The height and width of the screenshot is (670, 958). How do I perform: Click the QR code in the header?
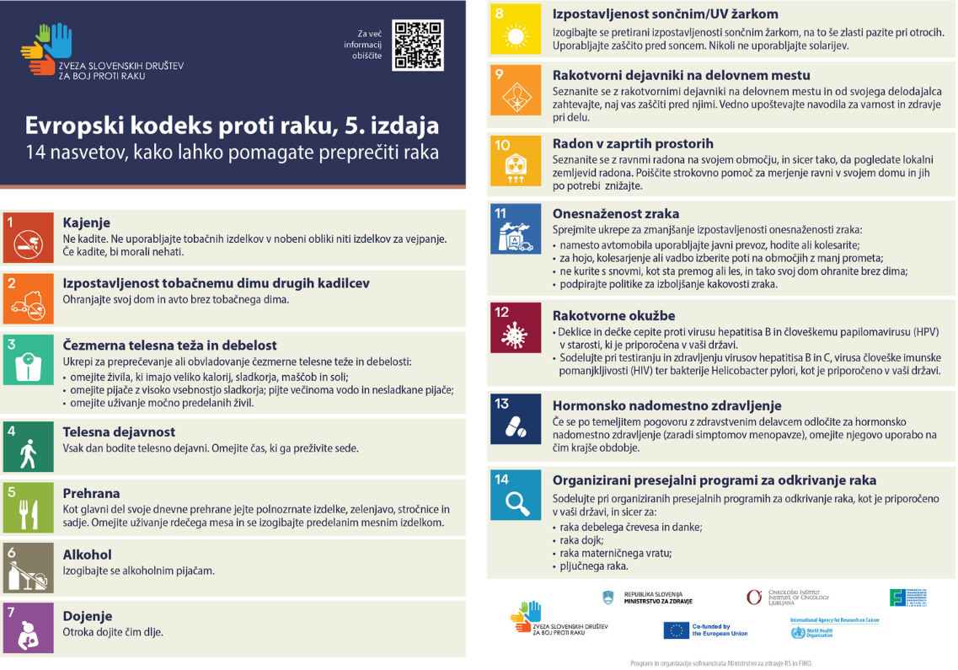pyautogui.click(x=418, y=45)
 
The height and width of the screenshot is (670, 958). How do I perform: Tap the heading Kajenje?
pyautogui.click(x=87, y=222)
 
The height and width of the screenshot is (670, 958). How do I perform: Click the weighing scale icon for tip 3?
pyautogui.click(x=28, y=361)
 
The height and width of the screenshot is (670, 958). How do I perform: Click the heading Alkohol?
pyautogui.click(x=88, y=555)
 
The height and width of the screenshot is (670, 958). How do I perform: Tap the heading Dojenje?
pyautogui.click(x=88, y=616)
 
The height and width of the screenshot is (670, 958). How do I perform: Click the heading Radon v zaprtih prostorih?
pyautogui.click(x=633, y=143)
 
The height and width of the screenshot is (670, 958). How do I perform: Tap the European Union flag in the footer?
pyautogui.click(x=676, y=630)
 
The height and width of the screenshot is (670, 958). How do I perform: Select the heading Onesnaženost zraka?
pyautogui.click(x=616, y=213)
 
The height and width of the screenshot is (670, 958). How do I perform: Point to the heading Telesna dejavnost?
pyautogui.click(x=119, y=431)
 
